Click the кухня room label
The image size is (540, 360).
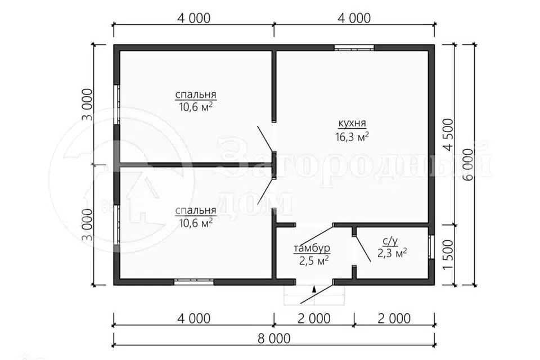click(x=352, y=123)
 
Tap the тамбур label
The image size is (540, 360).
click(x=312, y=247)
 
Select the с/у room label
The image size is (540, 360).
click(x=390, y=241)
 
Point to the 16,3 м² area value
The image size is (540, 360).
click(x=352, y=137)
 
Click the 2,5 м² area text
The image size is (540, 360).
click(x=313, y=260)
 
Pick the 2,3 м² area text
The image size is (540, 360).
click(x=392, y=253)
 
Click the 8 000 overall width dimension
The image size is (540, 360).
click(x=274, y=338)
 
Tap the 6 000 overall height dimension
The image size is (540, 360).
click(x=469, y=165)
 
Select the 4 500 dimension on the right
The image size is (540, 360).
click(x=448, y=134)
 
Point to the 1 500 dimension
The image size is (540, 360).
click(x=448, y=255)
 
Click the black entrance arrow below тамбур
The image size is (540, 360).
click(x=314, y=289)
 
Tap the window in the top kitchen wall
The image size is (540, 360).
click(x=354, y=48)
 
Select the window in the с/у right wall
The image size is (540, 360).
click(x=431, y=247)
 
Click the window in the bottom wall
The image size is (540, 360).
click(x=194, y=282)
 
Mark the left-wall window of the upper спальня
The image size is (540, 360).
click(x=117, y=105)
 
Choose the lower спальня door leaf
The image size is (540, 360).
click(x=265, y=192)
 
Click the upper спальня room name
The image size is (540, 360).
click(x=196, y=94)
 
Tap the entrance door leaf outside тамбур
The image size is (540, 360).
click(x=317, y=293)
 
